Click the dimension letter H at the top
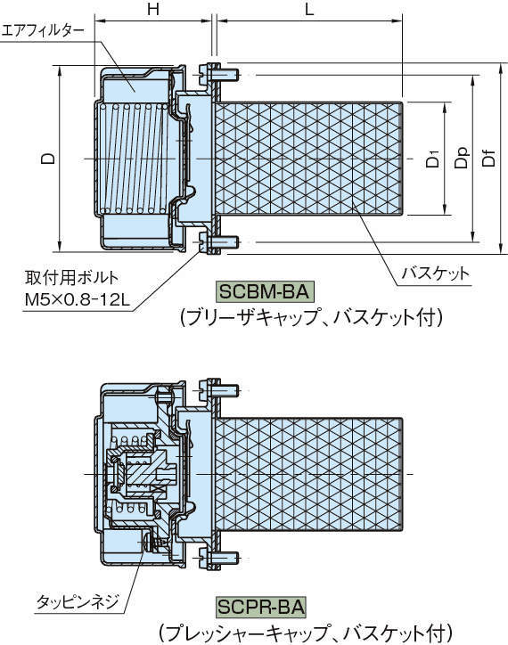point(153,9)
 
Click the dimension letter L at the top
point(309,9)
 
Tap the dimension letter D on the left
point(49,158)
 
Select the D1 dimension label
point(433,159)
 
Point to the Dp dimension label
point(462,159)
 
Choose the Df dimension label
point(488,159)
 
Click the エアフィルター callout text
point(43,31)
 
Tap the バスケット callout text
point(436,273)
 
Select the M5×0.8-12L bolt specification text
point(78,300)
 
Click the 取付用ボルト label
point(71,278)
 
